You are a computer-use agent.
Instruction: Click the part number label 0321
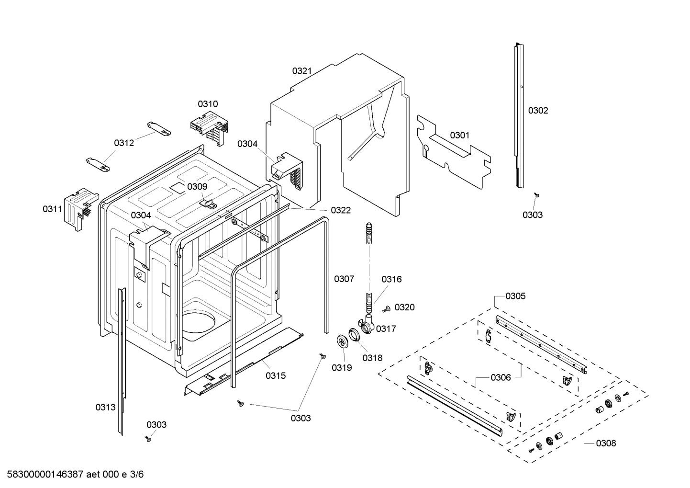tap(302, 71)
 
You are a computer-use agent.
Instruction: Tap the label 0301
tap(460, 136)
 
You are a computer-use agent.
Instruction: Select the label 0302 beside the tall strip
tap(538, 111)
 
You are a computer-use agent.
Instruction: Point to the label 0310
tap(208, 104)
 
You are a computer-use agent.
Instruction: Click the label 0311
tap(53, 209)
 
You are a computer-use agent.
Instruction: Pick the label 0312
tap(124, 143)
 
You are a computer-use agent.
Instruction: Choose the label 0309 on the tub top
tap(197, 187)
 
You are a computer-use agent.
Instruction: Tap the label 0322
tap(341, 210)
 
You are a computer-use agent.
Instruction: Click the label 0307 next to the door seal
tap(344, 279)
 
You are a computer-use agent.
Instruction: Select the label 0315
tap(276, 375)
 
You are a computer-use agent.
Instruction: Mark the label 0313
tap(105, 408)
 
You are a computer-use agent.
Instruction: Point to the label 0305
tap(515, 296)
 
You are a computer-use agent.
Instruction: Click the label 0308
tap(606, 443)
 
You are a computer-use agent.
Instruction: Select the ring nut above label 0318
tap(354, 334)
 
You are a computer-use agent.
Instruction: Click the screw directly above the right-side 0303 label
tap(537, 194)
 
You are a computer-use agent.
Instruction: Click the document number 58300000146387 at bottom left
tap(43, 475)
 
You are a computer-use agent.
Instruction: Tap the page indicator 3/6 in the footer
tap(136, 475)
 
